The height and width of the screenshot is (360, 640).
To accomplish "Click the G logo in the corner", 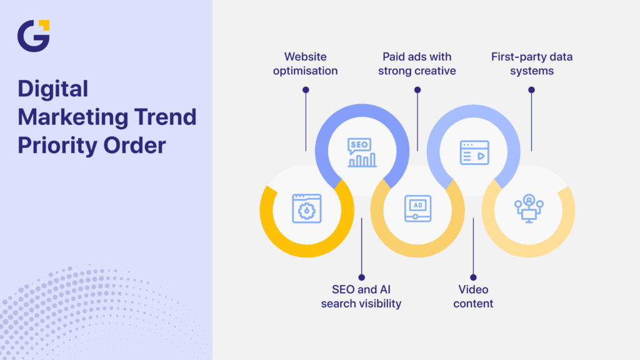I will click(x=33, y=36).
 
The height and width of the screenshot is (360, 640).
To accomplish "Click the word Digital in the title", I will click(x=52, y=89).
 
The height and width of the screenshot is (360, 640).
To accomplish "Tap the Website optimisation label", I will click(x=305, y=64).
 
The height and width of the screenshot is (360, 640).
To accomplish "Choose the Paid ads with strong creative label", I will click(x=418, y=64).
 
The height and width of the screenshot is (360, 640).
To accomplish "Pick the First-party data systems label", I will click(x=532, y=64).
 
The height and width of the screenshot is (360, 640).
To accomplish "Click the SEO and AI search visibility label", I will click(x=361, y=296).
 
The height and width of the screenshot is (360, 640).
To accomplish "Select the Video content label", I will click(x=472, y=296).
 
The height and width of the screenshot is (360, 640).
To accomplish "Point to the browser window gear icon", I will click(x=307, y=208).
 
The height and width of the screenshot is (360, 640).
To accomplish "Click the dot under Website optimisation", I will click(x=306, y=90).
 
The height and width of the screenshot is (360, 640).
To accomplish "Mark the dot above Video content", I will click(x=473, y=277).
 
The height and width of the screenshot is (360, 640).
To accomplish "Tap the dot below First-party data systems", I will click(x=531, y=90).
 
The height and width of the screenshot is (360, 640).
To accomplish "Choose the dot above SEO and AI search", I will click(x=361, y=277).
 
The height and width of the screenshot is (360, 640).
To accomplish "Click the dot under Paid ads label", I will click(x=417, y=90).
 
